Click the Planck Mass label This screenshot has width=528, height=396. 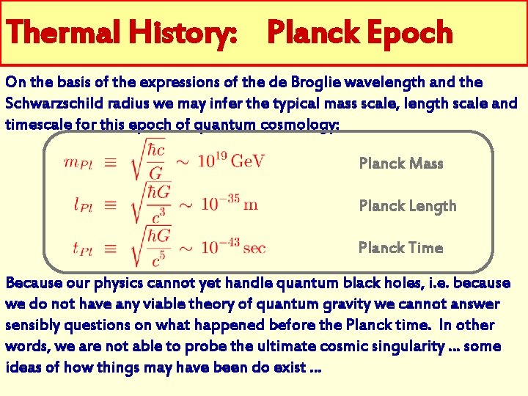point(401,164)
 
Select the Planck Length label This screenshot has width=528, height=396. point(407,206)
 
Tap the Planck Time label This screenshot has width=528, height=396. point(400,248)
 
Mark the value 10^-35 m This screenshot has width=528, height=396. point(230,203)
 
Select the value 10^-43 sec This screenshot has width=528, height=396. point(233,247)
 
